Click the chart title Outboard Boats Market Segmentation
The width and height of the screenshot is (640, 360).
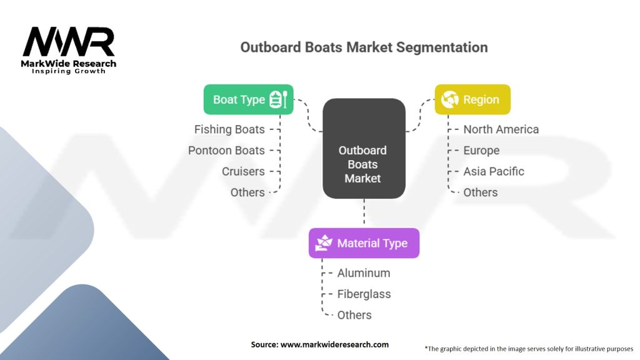364,47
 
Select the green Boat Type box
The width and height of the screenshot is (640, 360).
248,99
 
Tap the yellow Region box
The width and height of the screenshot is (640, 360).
472,99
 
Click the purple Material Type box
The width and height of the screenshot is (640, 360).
364,243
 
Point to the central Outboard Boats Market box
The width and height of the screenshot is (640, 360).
364,164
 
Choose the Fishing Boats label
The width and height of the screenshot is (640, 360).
229,129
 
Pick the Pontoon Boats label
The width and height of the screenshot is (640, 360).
226,151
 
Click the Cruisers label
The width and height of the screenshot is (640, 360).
243,171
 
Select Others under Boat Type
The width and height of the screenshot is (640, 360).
247,192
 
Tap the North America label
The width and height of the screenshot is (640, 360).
501,129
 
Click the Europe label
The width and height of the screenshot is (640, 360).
481,151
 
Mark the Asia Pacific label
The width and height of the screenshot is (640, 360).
494,171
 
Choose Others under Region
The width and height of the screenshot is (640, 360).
481,192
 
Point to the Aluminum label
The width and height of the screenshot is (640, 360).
364,273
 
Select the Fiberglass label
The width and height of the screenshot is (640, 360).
364,294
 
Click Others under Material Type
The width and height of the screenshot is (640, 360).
354,315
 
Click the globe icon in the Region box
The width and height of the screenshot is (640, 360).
450,99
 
